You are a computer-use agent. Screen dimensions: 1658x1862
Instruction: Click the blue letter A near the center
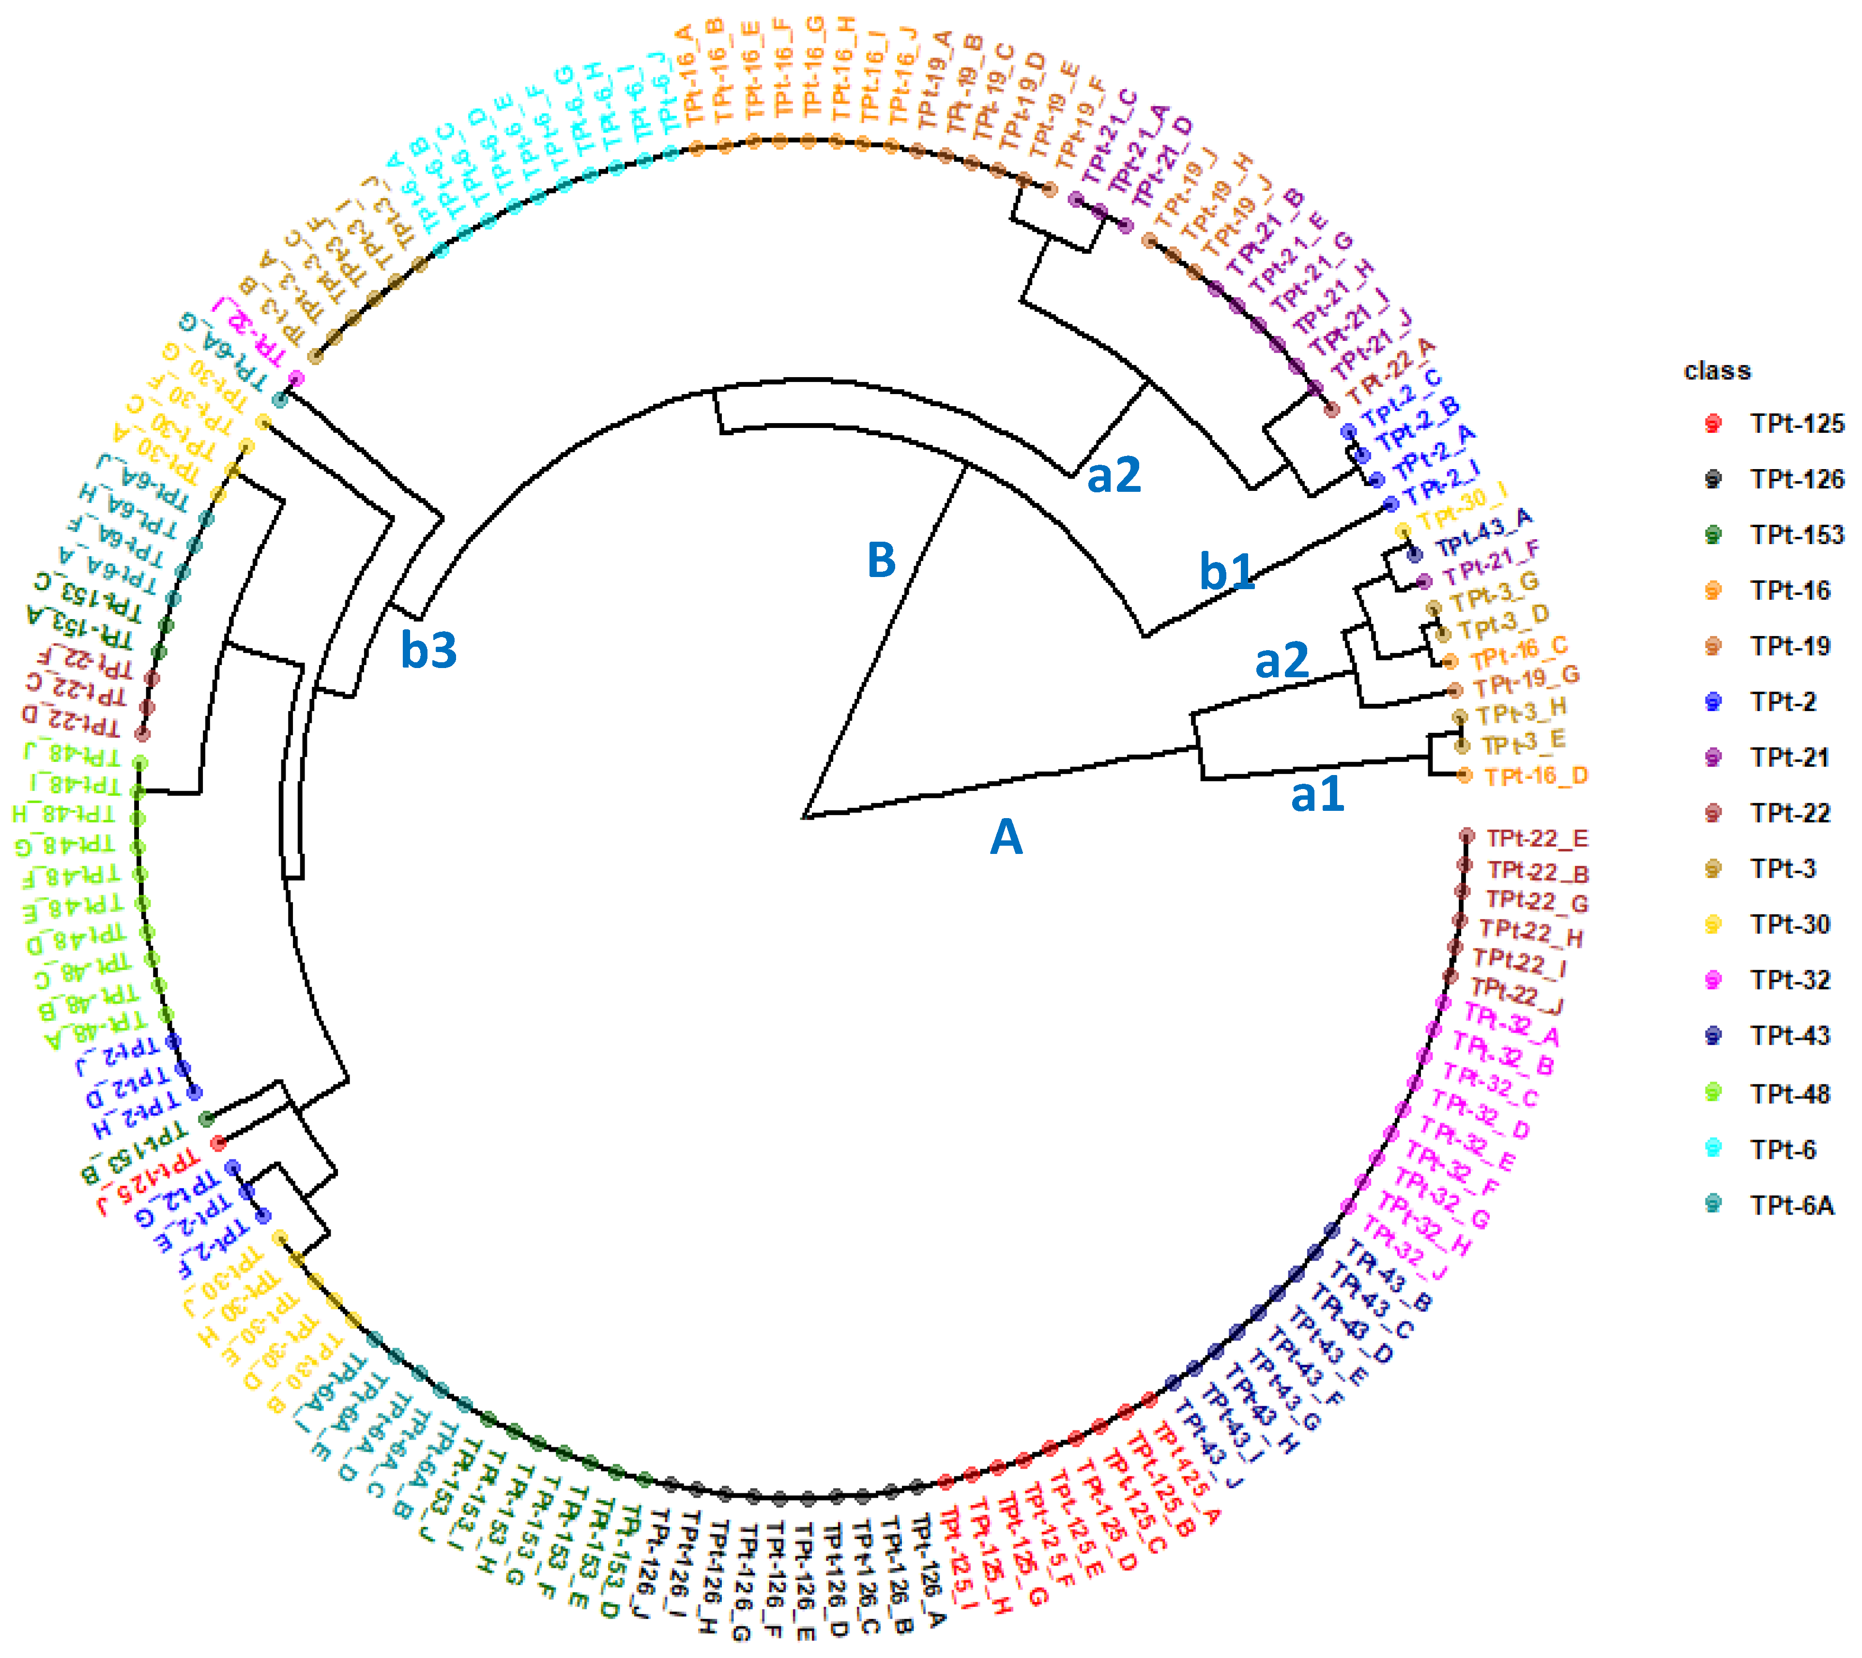[1006, 837]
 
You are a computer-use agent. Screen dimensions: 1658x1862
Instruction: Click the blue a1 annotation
[1317, 794]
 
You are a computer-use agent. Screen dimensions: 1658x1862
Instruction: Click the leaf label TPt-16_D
[1536, 776]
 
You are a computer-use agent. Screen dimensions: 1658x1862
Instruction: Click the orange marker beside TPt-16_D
[1464, 775]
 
